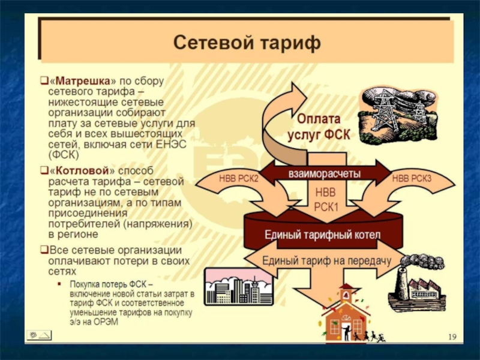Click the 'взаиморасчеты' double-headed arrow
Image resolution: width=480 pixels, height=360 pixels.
tap(325, 174)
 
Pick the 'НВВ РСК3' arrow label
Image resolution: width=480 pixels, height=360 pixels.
tap(411, 178)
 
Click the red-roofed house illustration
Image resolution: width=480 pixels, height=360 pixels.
tap(345, 315)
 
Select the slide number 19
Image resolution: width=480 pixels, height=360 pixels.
tap(452, 337)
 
